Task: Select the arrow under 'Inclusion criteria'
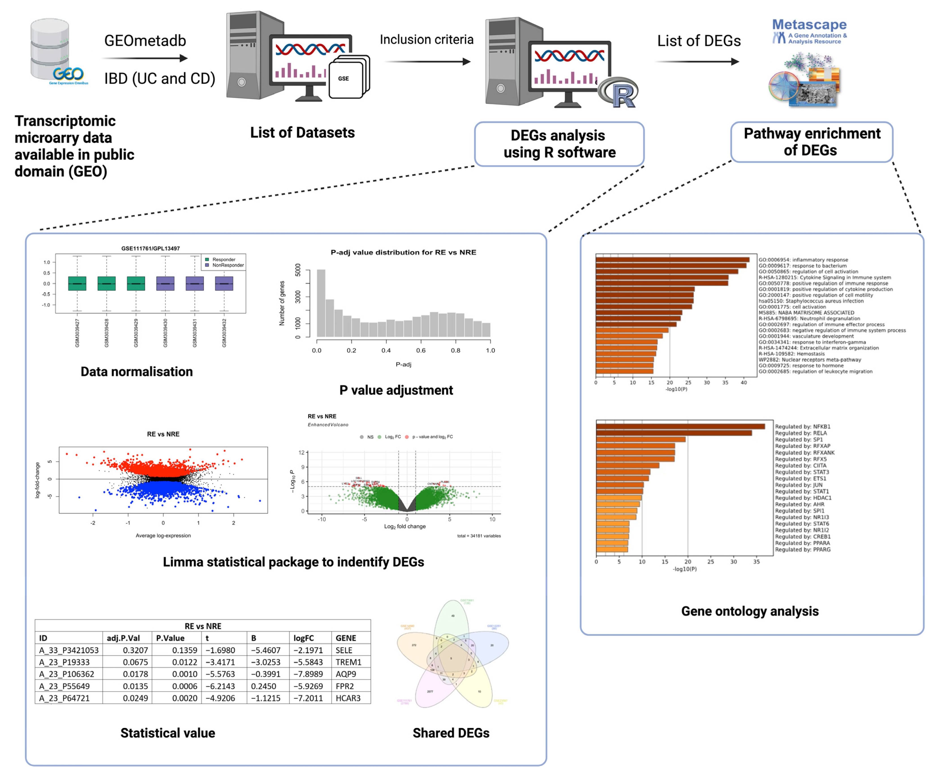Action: coord(428,62)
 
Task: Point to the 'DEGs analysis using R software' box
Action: coord(559,144)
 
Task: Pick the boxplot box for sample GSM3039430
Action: coord(165,283)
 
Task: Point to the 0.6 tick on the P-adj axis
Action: coord(421,350)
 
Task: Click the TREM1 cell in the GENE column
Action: coord(348,662)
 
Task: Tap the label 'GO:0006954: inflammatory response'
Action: coord(803,260)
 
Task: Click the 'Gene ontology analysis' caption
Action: coord(750,611)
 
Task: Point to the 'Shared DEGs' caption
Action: coord(451,733)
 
